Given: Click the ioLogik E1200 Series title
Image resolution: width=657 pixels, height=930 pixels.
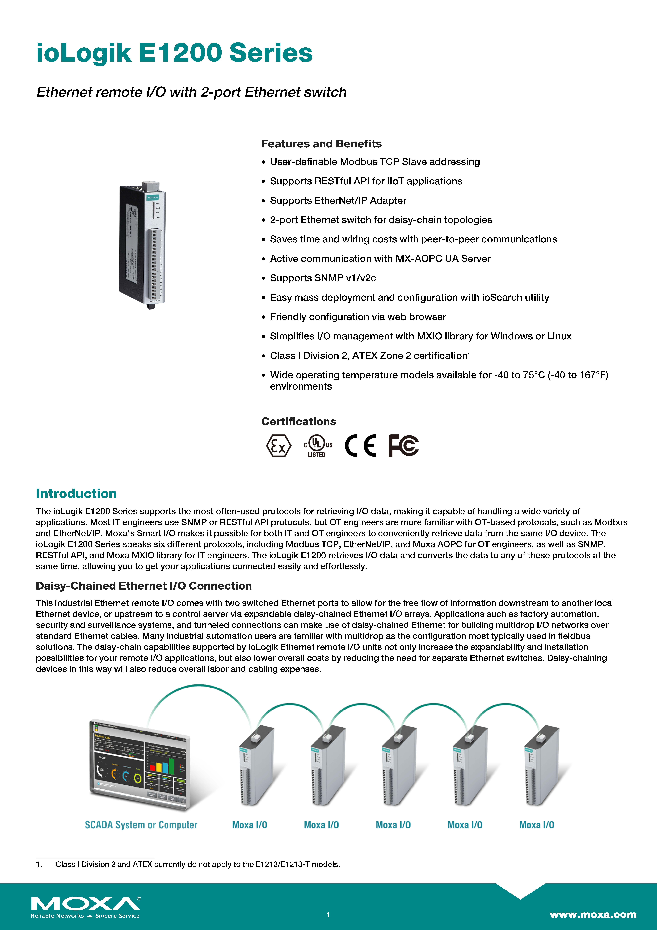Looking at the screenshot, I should click(174, 53).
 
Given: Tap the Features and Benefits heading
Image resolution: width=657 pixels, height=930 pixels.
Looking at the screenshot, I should click(321, 144).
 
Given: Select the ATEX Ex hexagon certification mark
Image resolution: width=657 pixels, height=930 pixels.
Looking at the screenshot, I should click(279, 446).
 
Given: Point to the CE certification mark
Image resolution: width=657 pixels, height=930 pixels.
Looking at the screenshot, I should click(360, 446).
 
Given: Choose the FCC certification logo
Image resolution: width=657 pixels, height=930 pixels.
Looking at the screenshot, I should click(403, 446).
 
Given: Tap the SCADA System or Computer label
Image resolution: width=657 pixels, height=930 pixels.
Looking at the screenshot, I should click(141, 825).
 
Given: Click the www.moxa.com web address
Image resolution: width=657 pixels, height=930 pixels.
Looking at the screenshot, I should click(593, 915).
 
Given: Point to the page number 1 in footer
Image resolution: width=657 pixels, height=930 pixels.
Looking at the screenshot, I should click(328, 915).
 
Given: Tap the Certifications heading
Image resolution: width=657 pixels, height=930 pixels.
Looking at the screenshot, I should click(298, 422).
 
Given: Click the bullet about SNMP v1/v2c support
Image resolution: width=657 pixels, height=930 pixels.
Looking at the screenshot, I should click(323, 278).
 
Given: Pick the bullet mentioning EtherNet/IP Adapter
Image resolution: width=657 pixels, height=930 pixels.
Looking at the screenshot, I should click(338, 200).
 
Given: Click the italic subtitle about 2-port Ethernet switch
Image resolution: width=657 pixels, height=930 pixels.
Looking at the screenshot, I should click(192, 92).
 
